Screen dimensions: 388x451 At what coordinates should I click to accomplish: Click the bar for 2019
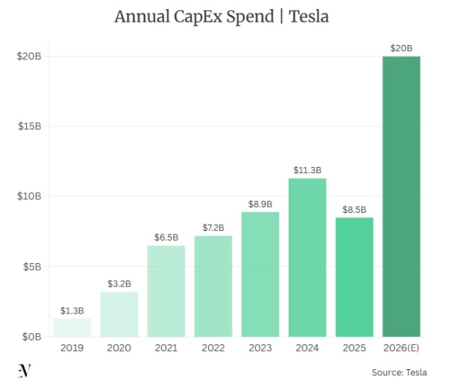pyautogui.click(x=72, y=327)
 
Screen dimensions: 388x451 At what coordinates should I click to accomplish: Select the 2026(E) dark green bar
pyautogui.click(x=401, y=196)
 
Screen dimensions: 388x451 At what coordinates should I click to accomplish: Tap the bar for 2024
pyautogui.click(x=307, y=257)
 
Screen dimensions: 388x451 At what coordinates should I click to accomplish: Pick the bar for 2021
pyautogui.click(x=166, y=291)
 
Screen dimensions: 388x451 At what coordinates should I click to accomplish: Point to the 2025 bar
pyautogui.click(x=354, y=277)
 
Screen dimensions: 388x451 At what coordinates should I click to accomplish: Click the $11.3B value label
pyautogui.click(x=307, y=170)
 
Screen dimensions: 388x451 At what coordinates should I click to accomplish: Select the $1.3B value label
pyautogui.click(x=72, y=310)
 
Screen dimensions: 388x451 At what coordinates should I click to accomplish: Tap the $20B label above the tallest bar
pyautogui.click(x=401, y=48)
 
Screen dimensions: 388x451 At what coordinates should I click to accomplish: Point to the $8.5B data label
pyautogui.click(x=354, y=209)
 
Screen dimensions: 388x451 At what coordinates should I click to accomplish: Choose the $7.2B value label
pyautogui.click(x=213, y=227)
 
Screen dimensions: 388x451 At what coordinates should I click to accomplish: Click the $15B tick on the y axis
pyautogui.click(x=29, y=126)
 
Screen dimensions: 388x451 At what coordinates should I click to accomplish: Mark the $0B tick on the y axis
pyautogui.click(x=31, y=337)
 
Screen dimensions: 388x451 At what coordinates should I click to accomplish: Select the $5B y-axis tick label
pyautogui.click(x=31, y=267)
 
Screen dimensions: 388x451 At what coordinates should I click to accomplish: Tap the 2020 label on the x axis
pyautogui.click(x=119, y=348)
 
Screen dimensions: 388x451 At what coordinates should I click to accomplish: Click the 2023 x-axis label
pyautogui.click(x=260, y=348)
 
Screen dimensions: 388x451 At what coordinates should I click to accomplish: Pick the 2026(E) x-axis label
pyautogui.click(x=401, y=348)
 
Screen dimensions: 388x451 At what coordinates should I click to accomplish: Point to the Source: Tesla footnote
pyautogui.click(x=399, y=372)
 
